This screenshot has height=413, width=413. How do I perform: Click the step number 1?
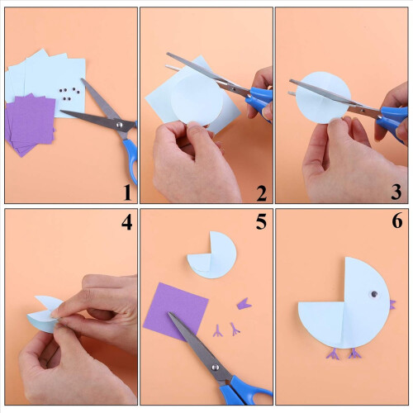pos(127,192)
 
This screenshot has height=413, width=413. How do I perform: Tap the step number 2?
pos(261,193)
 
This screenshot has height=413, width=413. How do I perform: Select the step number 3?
pos(396,192)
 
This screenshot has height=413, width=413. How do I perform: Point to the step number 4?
pos(127,222)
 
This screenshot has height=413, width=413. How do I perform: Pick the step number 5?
pos(261,221)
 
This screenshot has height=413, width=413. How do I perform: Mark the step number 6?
pos(396,221)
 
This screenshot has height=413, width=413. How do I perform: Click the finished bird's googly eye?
pos(374,294)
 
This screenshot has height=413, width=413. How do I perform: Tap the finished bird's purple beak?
pos(392,305)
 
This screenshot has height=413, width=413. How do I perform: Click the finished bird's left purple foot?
pos(333,354)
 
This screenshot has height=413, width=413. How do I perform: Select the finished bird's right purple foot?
pos(354,354)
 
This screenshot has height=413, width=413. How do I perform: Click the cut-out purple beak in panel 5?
pos(244,304)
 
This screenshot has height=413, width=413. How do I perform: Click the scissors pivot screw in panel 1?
pos(120,125)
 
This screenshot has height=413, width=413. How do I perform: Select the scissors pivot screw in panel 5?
pos(215,367)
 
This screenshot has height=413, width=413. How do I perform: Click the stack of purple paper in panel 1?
pos(31,125)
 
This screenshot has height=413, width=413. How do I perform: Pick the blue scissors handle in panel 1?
pos(131,157)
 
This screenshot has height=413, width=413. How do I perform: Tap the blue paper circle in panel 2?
pos(197,100)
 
